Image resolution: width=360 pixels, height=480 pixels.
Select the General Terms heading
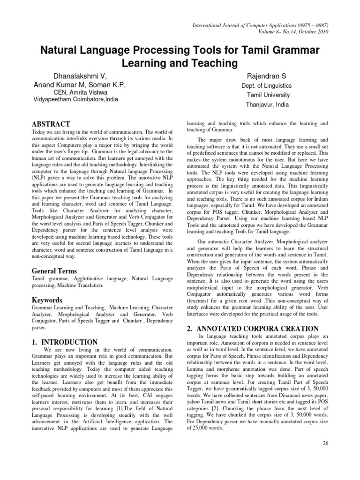[54, 271]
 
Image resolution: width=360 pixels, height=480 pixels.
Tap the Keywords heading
[47, 300]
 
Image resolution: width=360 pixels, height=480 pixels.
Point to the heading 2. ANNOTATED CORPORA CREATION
[253, 328]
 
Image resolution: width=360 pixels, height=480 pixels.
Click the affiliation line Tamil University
[269, 95]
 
